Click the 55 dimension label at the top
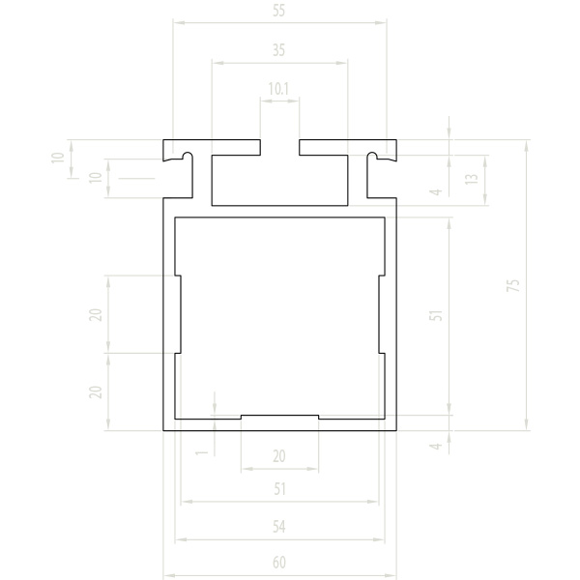click(279, 11)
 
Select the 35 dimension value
click(279, 50)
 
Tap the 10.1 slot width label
click(278, 89)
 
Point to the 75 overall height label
click(513, 285)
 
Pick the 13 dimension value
click(472, 179)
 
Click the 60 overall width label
click(279, 563)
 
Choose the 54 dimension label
click(279, 527)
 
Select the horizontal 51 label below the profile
click(280, 489)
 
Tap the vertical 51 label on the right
click(436, 315)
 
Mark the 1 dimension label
click(202, 452)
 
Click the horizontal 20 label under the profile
click(279, 456)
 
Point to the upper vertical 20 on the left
click(96, 315)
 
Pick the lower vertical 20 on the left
click(96, 392)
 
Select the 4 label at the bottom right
click(436, 447)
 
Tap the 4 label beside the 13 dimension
click(436, 192)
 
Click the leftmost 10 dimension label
click(58, 158)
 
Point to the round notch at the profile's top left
click(188, 156)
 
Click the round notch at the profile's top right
click(372, 156)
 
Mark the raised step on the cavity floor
click(279, 417)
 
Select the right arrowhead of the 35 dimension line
click(341, 63)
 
